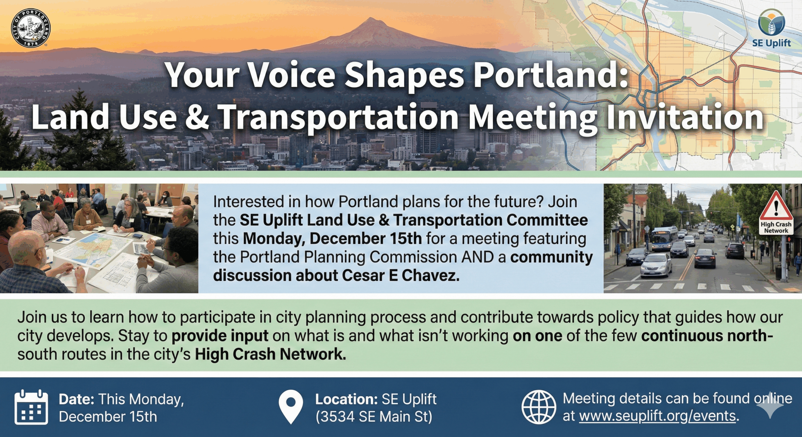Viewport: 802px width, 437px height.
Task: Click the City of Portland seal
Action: coord(31,28)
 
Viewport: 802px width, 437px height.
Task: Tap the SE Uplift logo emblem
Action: coord(771,22)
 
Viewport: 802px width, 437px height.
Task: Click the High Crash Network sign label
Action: coord(776,228)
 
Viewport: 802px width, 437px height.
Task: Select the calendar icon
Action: coord(31,407)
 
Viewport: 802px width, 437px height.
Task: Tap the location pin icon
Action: coord(291,407)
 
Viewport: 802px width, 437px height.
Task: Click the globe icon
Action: coord(539,407)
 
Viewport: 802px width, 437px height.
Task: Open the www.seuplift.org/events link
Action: coord(657,416)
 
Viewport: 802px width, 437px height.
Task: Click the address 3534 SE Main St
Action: coord(374,417)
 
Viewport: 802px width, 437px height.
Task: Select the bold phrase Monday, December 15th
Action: coord(332,239)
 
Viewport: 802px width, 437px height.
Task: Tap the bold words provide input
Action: coord(220,336)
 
